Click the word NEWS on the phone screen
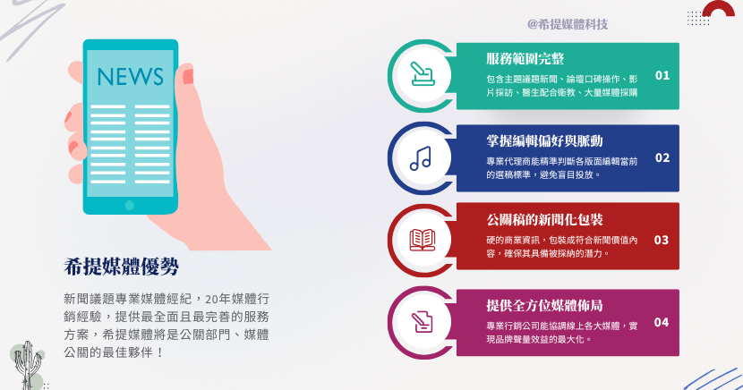130,76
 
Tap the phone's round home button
130,205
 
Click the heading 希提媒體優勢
122,267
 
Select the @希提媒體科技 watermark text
568,24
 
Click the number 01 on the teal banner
662,75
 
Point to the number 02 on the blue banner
662,158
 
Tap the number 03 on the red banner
662,240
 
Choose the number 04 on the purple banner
662,322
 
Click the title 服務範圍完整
525,59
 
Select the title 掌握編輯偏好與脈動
544,140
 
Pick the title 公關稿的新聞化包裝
544,220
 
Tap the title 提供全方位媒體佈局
544,305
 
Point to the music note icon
421,158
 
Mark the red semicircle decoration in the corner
718,10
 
